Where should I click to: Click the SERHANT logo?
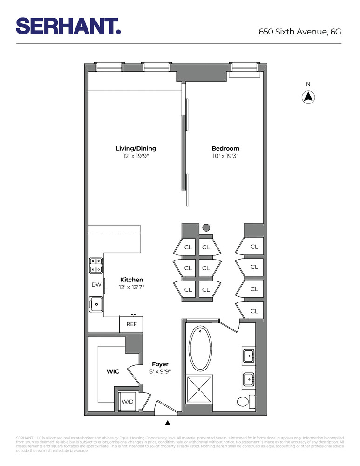[68, 26]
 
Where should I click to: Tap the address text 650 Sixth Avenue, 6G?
[300, 32]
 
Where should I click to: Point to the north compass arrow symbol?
[308, 97]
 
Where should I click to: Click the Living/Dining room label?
[136, 149]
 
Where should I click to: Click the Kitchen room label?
[131, 280]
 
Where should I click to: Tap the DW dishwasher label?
[96, 284]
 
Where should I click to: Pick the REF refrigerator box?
[131, 324]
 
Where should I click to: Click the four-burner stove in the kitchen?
[96, 265]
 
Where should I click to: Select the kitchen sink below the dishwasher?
[96, 304]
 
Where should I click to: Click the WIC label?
[113, 371]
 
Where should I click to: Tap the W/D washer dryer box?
[127, 401]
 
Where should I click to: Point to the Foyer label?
[160, 364]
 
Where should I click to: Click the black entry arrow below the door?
[168, 423]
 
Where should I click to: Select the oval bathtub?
[201, 348]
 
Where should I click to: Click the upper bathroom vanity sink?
[249, 356]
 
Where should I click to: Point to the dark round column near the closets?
[206, 228]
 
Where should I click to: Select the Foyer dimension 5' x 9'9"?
[160, 372]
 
